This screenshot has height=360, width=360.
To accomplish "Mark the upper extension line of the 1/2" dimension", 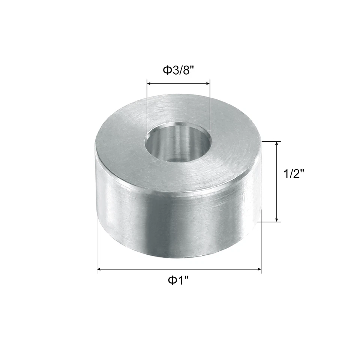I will coord(270,141).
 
